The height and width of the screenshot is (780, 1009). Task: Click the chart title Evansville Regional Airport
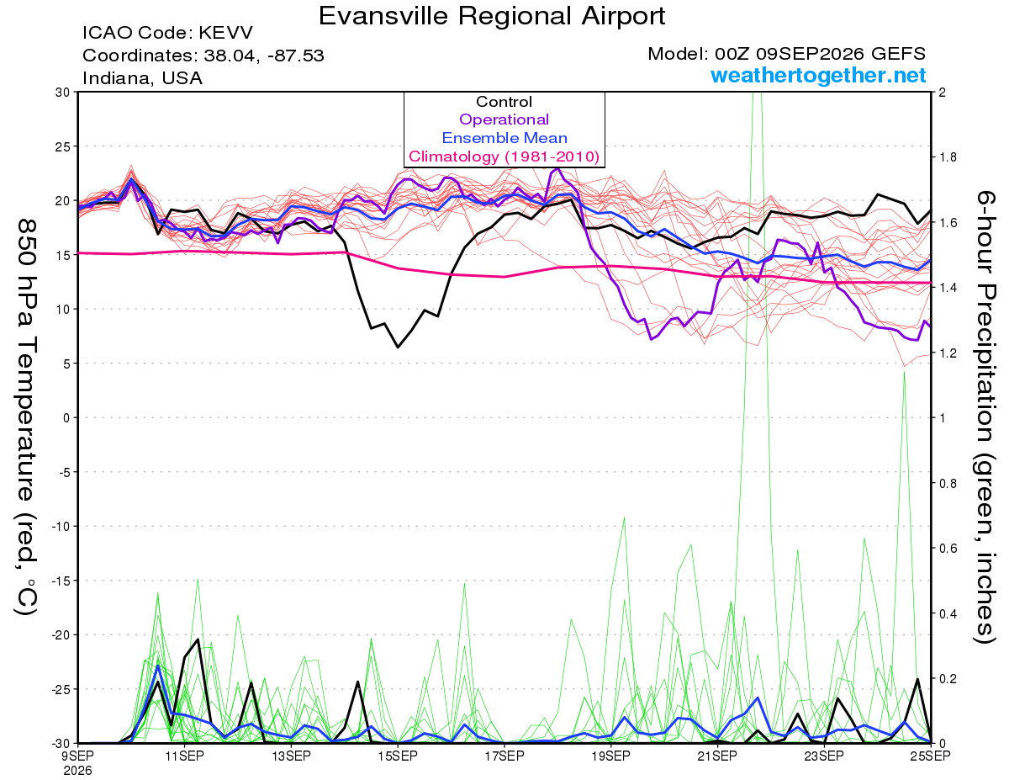(x=492, y=16)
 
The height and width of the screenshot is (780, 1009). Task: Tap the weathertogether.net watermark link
(x=818, y=75)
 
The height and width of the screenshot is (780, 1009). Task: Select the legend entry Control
(x=504, y=102)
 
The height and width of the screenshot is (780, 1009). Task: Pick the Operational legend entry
(x=504, y=119)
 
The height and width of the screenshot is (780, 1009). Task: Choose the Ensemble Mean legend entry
(x=504, y=138)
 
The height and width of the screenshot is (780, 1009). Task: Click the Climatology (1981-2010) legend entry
(x=504, y=157)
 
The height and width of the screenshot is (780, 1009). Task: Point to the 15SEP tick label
(x=398, y=756)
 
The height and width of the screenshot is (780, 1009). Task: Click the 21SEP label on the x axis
(x=717, y=756)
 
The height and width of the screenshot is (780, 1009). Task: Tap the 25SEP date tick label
(x=930, y=756)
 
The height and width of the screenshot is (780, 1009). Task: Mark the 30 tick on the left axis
(x=63, y=93)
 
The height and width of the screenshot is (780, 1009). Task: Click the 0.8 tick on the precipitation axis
(x=945, y=484)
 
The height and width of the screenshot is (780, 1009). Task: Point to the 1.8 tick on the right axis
(x=945, y=157)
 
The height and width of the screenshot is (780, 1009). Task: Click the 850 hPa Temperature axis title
(x=26, y=417)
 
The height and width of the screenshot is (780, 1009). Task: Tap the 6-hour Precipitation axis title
(x=985, y=417)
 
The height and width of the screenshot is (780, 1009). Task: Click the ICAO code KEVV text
(x=167, y=33)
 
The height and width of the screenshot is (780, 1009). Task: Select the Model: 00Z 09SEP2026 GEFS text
(x=786, y=54)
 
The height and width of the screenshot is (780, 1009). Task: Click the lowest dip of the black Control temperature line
(x=398, y=347)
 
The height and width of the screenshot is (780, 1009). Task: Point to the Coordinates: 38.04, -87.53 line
(x=203, y=56)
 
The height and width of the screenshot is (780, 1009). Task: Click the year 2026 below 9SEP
(x=77, y=772)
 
